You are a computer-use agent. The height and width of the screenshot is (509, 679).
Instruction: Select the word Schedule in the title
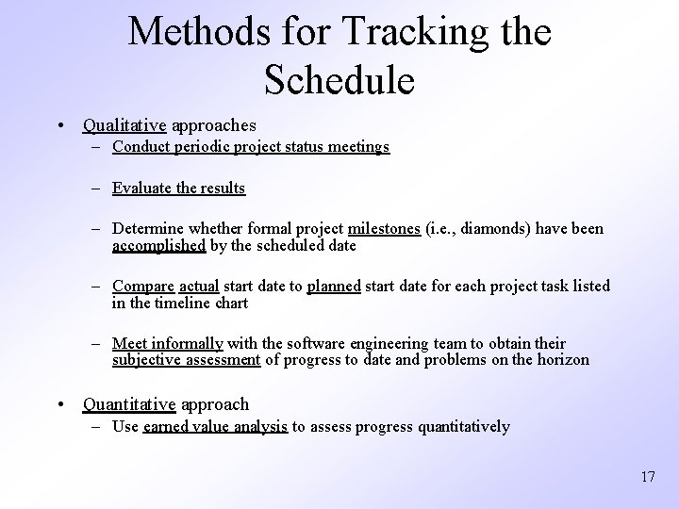(339, 79)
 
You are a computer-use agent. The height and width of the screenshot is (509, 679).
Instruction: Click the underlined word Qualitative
(124, 124)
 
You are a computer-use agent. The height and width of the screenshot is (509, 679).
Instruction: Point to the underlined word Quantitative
(129, 404)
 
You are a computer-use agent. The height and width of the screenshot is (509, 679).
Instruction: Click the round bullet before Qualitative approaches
(59, 125)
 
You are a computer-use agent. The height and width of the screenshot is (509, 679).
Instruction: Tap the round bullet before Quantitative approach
(59, 405)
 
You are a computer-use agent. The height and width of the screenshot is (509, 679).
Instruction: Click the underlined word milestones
(384, 229)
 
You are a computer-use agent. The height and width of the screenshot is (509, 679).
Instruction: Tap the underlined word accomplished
(158, 245)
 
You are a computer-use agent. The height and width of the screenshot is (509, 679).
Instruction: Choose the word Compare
(141, 286)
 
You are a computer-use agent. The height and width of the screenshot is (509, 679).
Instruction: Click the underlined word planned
(334, 286)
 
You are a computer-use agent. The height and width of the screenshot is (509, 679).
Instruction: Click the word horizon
(564, 359)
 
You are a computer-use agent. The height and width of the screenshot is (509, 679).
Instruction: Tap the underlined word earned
(166, 427)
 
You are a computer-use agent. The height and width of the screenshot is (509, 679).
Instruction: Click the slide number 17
(647, 477)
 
